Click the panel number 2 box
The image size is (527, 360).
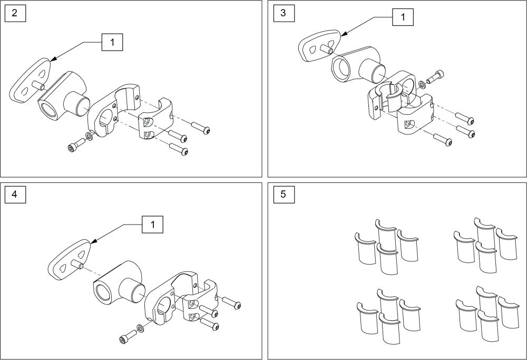(x=14, y=14)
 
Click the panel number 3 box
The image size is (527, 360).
(x=284, y=14)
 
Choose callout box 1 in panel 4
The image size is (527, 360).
(x=152, y=225)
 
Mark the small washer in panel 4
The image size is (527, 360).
(x=140, y=329)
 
